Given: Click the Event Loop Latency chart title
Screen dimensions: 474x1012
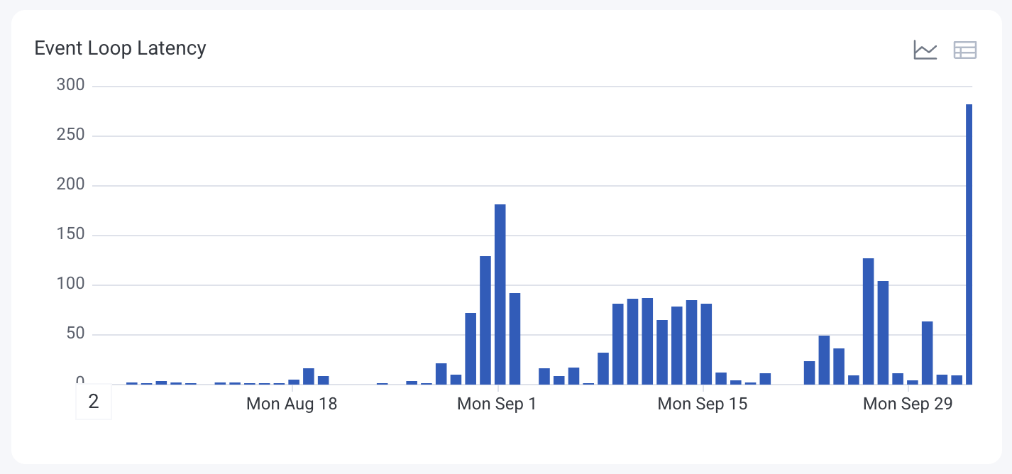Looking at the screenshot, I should (x=120, y=48).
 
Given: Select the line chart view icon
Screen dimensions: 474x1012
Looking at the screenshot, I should (x=925, y=50).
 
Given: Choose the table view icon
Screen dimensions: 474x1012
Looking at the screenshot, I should (x=965, y=50).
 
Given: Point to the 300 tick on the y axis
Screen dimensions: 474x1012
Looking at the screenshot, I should (x=70, y=86).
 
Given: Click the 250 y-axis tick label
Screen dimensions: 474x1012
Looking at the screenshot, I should (x=70, y=136).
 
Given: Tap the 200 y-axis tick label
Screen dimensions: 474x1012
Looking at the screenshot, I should (x=70, y=185).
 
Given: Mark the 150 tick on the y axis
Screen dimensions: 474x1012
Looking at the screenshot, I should (x=70, y=235).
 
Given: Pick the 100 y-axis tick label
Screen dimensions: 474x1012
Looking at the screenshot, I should (x=70, y=285).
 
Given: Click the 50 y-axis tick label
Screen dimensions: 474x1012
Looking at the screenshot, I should (x=75, y=334).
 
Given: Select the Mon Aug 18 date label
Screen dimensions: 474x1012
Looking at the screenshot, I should (x=292, y=404).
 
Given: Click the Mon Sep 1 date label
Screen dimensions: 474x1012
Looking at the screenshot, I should (x=497, y=404).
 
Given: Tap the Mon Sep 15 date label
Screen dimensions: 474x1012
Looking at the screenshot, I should (x=703, y=404).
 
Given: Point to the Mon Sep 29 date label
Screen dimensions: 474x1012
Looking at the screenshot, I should (x=908, y=404).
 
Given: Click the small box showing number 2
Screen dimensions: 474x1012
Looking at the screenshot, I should (x=94, y=402).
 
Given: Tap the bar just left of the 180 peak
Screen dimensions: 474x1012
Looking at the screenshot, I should (x=485, y=320).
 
